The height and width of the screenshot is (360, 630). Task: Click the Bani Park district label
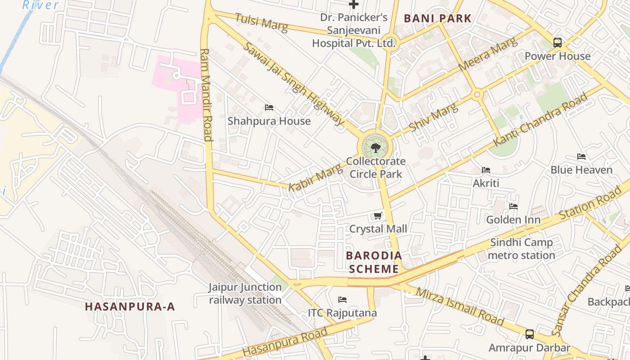click(x=437, y=18)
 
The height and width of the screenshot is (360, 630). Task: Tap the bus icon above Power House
click(x=558, y=43)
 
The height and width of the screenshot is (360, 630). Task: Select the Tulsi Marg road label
click(x=261, y=22)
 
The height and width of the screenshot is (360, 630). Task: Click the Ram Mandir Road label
click(x=206, y=94)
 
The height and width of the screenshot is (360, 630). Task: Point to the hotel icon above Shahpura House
click(x=269, y=108)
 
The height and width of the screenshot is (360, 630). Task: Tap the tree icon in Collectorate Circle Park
click(x=375, y=147)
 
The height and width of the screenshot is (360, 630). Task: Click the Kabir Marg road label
click(x=315, y=177)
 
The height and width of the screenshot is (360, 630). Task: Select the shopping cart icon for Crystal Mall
click(x=378, y=216)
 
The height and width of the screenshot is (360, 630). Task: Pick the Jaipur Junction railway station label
click(x=245, y=293)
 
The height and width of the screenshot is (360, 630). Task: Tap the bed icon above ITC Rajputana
click(x=342, y=300)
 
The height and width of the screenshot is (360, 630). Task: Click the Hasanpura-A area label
click(x=130, y=307)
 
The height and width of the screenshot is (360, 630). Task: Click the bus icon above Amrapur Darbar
click(x=530, y=334)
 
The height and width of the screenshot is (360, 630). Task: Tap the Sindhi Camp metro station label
click(x=522, y=249)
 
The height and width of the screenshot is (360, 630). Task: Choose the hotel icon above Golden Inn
click(x=513, y=207)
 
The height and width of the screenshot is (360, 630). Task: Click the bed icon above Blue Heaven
click(x=581, y=157)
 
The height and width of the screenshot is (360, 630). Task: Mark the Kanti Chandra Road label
click(x=540, y=120)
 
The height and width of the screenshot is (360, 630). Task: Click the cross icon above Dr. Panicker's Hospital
click(x=354, y=4)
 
